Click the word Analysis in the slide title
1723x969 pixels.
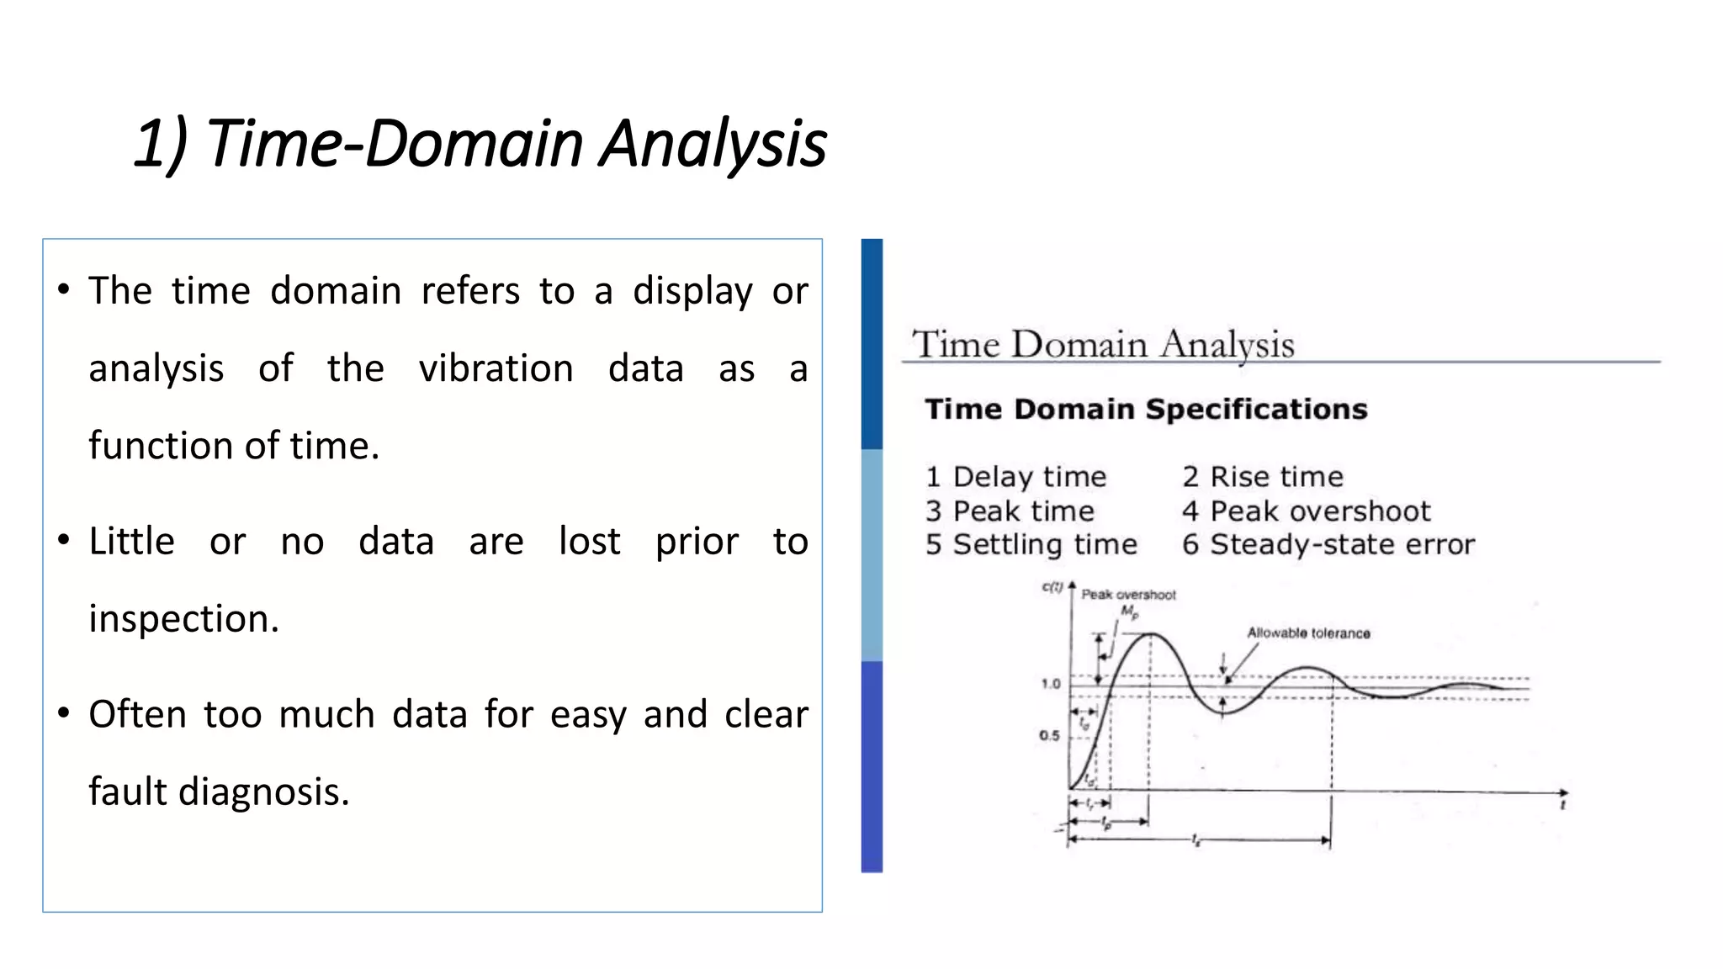coord(713,143)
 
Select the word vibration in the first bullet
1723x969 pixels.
coord(496,368)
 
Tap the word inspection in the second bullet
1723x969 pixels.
coord(183,619)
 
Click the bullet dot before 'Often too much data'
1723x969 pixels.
coord(64,713)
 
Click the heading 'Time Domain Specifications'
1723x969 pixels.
coord(1145,410)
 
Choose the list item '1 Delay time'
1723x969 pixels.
coord(1015,477)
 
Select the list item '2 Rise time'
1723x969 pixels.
coord(1262,477)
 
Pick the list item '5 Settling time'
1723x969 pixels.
coord(1031,545)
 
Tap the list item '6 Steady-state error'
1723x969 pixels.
coord(1328,545)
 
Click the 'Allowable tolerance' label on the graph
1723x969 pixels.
coord(1308,633)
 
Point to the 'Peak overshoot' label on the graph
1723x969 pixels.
coord(1128,595)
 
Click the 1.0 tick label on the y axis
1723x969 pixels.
coord(1051,684)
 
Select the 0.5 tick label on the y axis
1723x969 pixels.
coord(1049,736)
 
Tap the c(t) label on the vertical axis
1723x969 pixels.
coord(1052,587)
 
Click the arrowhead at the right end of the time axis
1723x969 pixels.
coord(1563,792)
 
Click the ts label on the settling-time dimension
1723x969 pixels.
coord(1195,840)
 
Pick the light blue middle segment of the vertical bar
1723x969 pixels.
coord(872,555)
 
